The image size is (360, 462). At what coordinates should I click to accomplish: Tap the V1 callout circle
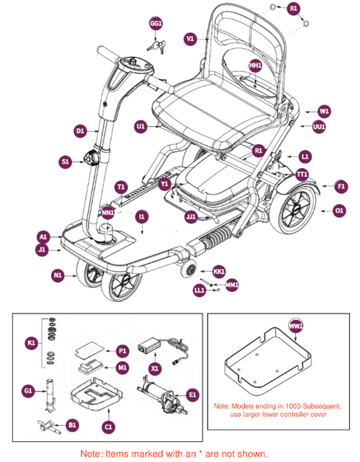(x=190, y=38)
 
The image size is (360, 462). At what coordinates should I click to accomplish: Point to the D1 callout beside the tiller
(x=80, y=131)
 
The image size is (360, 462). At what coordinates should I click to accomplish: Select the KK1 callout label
(x=220, y=271)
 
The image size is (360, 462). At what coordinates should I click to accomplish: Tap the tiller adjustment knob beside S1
(x=91, y=158)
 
